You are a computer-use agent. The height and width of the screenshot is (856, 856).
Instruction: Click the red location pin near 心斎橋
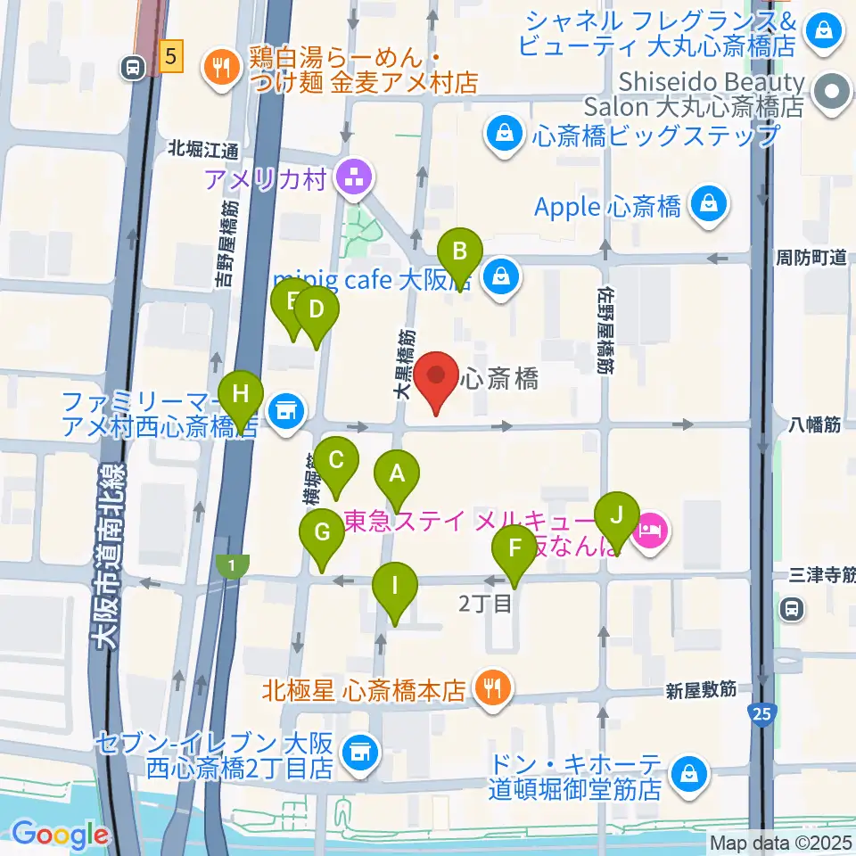tap(436, 381)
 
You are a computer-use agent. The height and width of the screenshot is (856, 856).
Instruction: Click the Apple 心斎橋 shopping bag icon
tap(708, 206)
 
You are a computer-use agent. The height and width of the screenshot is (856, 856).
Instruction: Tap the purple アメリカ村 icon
tap(353, 179)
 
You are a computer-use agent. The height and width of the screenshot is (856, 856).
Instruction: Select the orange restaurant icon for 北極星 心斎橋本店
tap(490, 689)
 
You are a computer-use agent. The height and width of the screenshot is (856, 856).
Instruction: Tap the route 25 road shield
tap(761, 713)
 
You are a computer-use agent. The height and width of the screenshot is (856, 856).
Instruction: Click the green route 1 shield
tap(233, 566)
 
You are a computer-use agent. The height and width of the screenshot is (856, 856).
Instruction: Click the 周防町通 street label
tap(810, 258)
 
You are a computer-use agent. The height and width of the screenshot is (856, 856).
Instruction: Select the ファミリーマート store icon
tap(285, 413)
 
